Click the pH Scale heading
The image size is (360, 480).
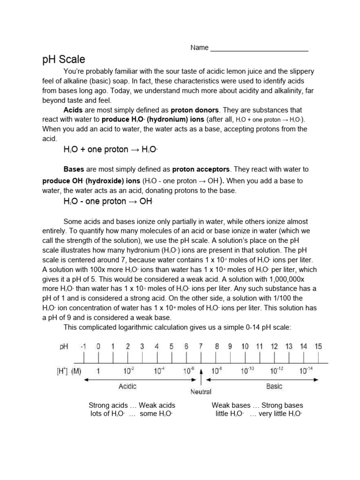[x=64, y=60]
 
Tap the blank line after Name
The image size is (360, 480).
[x=259, y=48]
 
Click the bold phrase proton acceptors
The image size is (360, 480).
[x=201, y=169]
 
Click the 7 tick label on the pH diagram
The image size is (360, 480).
[x=201, y=346]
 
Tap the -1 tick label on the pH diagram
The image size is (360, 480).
[x=83, y=346]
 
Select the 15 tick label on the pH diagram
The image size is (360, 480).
[x=318, y=346]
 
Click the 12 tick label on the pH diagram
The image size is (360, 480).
[x=274, y=346]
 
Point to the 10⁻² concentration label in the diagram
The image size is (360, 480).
[x=128, y=370]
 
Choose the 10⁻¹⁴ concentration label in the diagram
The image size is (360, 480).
[x=304, y=370]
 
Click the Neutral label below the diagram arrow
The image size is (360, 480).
[x=201, y=391]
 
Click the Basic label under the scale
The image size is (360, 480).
[x=274, y=386]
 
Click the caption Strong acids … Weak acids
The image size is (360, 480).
[x=132, y=405]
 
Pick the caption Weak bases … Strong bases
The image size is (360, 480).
[x=257, y=405]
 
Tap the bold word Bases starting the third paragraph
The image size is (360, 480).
[x=73, y=169]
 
